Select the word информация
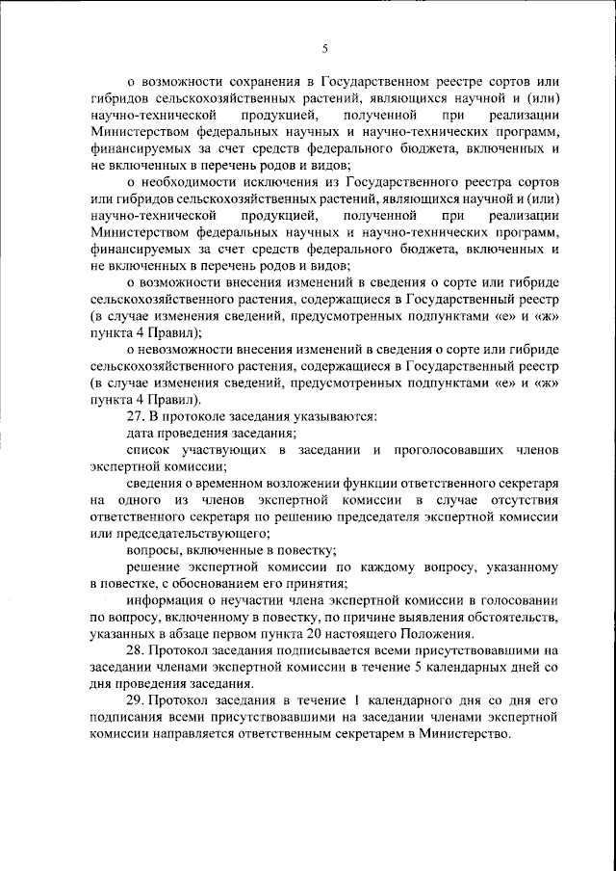click(x=166, y=600)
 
